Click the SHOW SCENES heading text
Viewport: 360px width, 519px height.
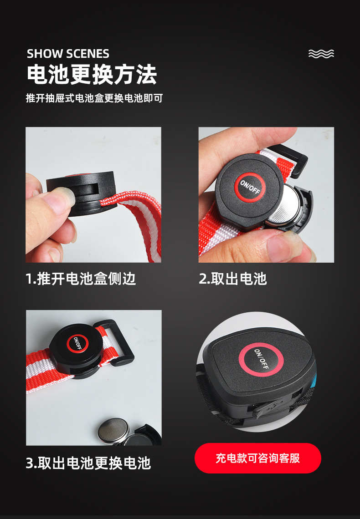pos(68,54)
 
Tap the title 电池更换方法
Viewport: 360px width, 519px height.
pos(92,74)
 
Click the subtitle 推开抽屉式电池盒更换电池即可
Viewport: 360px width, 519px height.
pos(94,98)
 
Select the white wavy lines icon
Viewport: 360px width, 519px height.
pos(321,54)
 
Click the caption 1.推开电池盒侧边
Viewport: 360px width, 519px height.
pos(81,279)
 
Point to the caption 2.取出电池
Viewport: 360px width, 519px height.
pos(232,279)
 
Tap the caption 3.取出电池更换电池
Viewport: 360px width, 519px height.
pos(88,463)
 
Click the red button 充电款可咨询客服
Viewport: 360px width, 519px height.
pos(257,458)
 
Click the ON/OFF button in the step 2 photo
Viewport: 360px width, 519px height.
pos(250,187)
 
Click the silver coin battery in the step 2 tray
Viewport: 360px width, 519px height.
pos(284,205)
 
